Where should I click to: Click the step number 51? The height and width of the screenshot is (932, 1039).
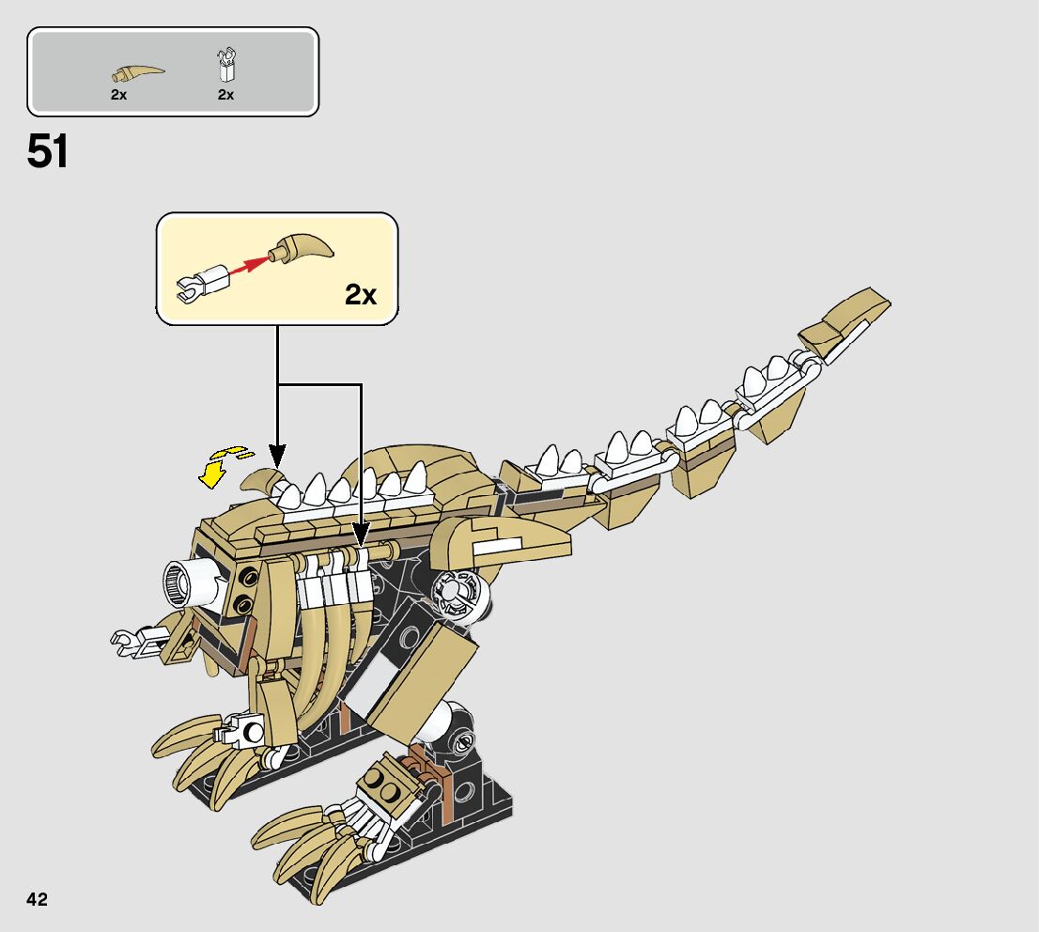pos(48,152)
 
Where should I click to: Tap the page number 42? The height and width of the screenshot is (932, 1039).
pos(37,899)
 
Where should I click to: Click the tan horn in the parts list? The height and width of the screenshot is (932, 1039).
pos(137,71)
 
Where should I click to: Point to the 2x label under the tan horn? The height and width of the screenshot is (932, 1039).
pos(118,95)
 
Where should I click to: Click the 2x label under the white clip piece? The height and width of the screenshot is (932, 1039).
pos(225,95)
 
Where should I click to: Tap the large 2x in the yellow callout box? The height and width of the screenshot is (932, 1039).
pos(360,295)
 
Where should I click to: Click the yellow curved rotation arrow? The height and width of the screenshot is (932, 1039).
pos(222,465)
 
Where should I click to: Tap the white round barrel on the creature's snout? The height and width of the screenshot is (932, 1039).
pos(188,582)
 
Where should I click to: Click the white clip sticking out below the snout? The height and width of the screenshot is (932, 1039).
pos(132,641)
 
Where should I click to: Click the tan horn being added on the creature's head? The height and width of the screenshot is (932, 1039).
pos(263,480)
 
